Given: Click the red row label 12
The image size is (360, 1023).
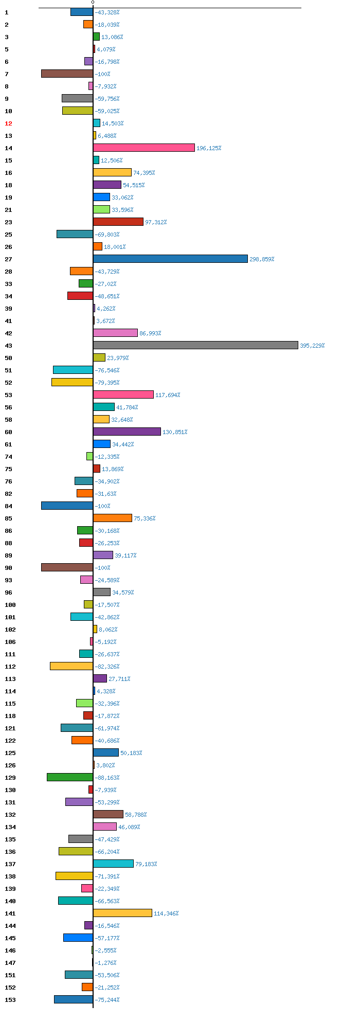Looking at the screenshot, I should coord(8,123).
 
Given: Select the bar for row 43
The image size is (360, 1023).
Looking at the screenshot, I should coord(195,345).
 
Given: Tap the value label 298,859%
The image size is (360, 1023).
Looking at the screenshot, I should coord(262,259).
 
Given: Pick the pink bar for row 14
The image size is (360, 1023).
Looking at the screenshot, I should coord(143,148).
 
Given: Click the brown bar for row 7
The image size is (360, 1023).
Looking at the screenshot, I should coord(67,74).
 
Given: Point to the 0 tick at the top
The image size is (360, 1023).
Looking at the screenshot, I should coord(93,3).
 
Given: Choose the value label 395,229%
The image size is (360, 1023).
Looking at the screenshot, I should coord(312,346).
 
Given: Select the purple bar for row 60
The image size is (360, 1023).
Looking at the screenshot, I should coord(127,432).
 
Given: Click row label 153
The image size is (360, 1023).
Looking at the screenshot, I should coord(10,1000).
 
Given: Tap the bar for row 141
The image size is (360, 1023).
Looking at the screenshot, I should coord(122,913).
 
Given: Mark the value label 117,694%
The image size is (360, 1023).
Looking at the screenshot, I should coord(168,395).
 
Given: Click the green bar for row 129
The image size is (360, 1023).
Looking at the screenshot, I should coord(70,777).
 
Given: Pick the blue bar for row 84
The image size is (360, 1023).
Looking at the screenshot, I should coord(67,506).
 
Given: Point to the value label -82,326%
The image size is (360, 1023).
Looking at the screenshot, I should coord(107,667).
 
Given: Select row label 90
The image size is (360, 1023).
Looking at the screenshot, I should coord(8,568).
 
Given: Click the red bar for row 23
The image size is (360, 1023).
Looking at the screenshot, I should coord(118,222).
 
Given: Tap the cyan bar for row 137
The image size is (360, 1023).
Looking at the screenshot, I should coord(113,864).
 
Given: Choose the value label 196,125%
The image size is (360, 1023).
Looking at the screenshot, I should coord(209,148).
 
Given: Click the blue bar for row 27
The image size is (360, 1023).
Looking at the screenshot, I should coord(170,259).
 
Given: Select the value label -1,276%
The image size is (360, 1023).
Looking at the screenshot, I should coord(105,963).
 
